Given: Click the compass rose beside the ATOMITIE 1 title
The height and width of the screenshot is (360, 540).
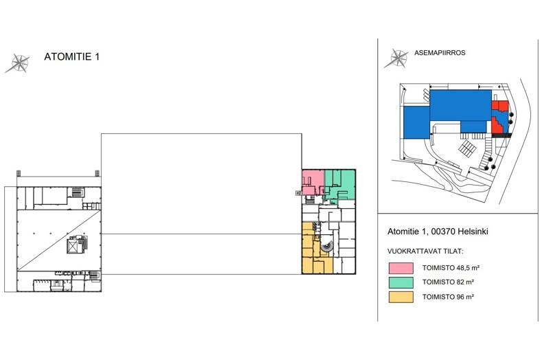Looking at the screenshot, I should tap(18, 63).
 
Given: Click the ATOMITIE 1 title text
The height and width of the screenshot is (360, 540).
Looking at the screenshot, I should tap(71, 57).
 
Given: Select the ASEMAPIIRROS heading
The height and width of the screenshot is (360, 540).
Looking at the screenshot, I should tap(440, 52).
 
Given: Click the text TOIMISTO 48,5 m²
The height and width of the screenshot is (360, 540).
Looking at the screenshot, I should tap(450, 267).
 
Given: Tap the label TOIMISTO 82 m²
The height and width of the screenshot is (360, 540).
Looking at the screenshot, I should tap(447, 282).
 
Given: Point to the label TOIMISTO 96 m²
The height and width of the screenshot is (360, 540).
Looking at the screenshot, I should tap(447, 297).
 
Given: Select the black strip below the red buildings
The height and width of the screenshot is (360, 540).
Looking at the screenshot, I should tap(500, 136).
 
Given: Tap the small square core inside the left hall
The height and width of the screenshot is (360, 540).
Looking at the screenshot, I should tap(73, 247).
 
